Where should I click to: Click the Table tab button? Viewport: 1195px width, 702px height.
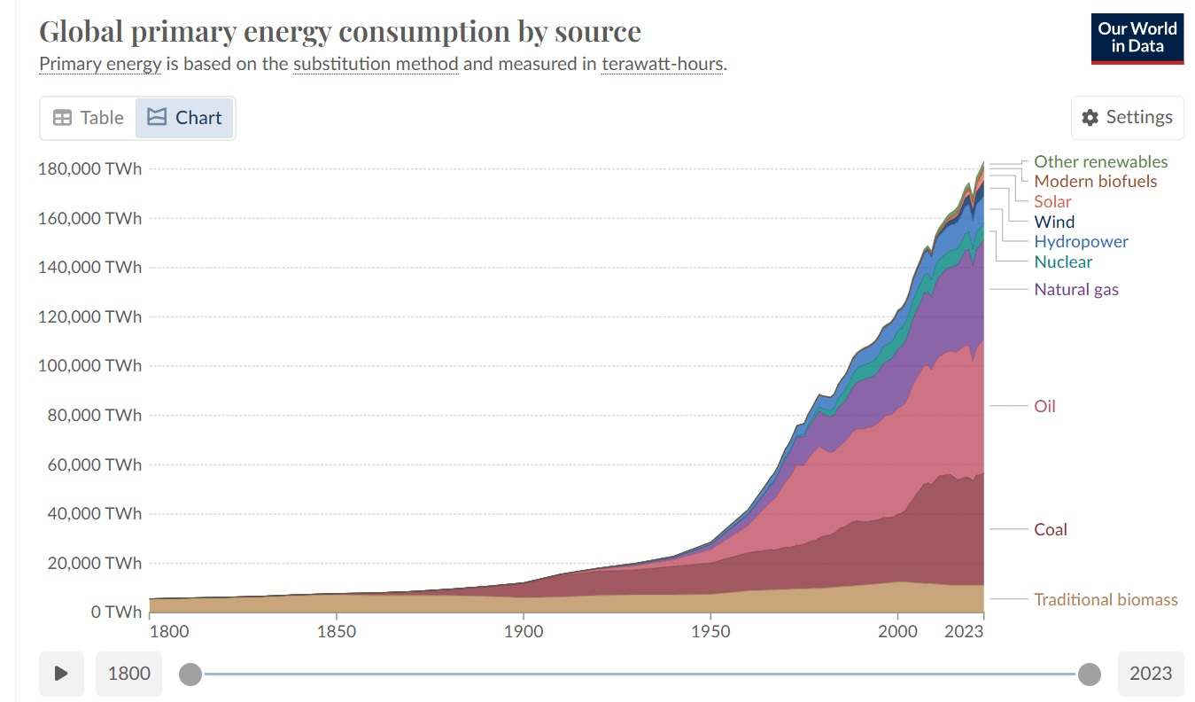click(x=89, y=118)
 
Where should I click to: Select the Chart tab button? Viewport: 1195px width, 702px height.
click(x=184, y=118)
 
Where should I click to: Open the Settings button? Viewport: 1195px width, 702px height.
click(x=1127, y=118)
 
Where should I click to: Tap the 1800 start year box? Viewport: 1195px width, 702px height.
click(x=129, y=673)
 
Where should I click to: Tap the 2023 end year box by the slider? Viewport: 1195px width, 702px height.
click(x=1150, y=673)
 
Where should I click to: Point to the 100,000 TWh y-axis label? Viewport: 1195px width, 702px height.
click(x=89, y=365)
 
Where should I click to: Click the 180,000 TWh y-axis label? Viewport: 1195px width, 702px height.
click(x=89, y=168)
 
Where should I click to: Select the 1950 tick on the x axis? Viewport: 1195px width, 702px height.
click(x=710, y=631)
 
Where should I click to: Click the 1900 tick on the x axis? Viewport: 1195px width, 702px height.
click(x=524, y=631)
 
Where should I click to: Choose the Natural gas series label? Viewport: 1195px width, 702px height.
click(x=1076, y=289)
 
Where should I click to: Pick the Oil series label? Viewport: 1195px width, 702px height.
click(x=1045, y=406)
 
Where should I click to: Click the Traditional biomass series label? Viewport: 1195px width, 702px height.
click(x=1106, y=599)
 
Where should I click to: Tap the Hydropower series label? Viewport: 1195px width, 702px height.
click(x=1081, y=241)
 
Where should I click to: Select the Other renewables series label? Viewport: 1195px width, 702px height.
click(x=1100, y=161)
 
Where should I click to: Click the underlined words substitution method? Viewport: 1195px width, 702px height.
click(x=376, y=65)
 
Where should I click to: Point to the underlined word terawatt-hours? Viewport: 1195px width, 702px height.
click(x=662, y=65)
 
